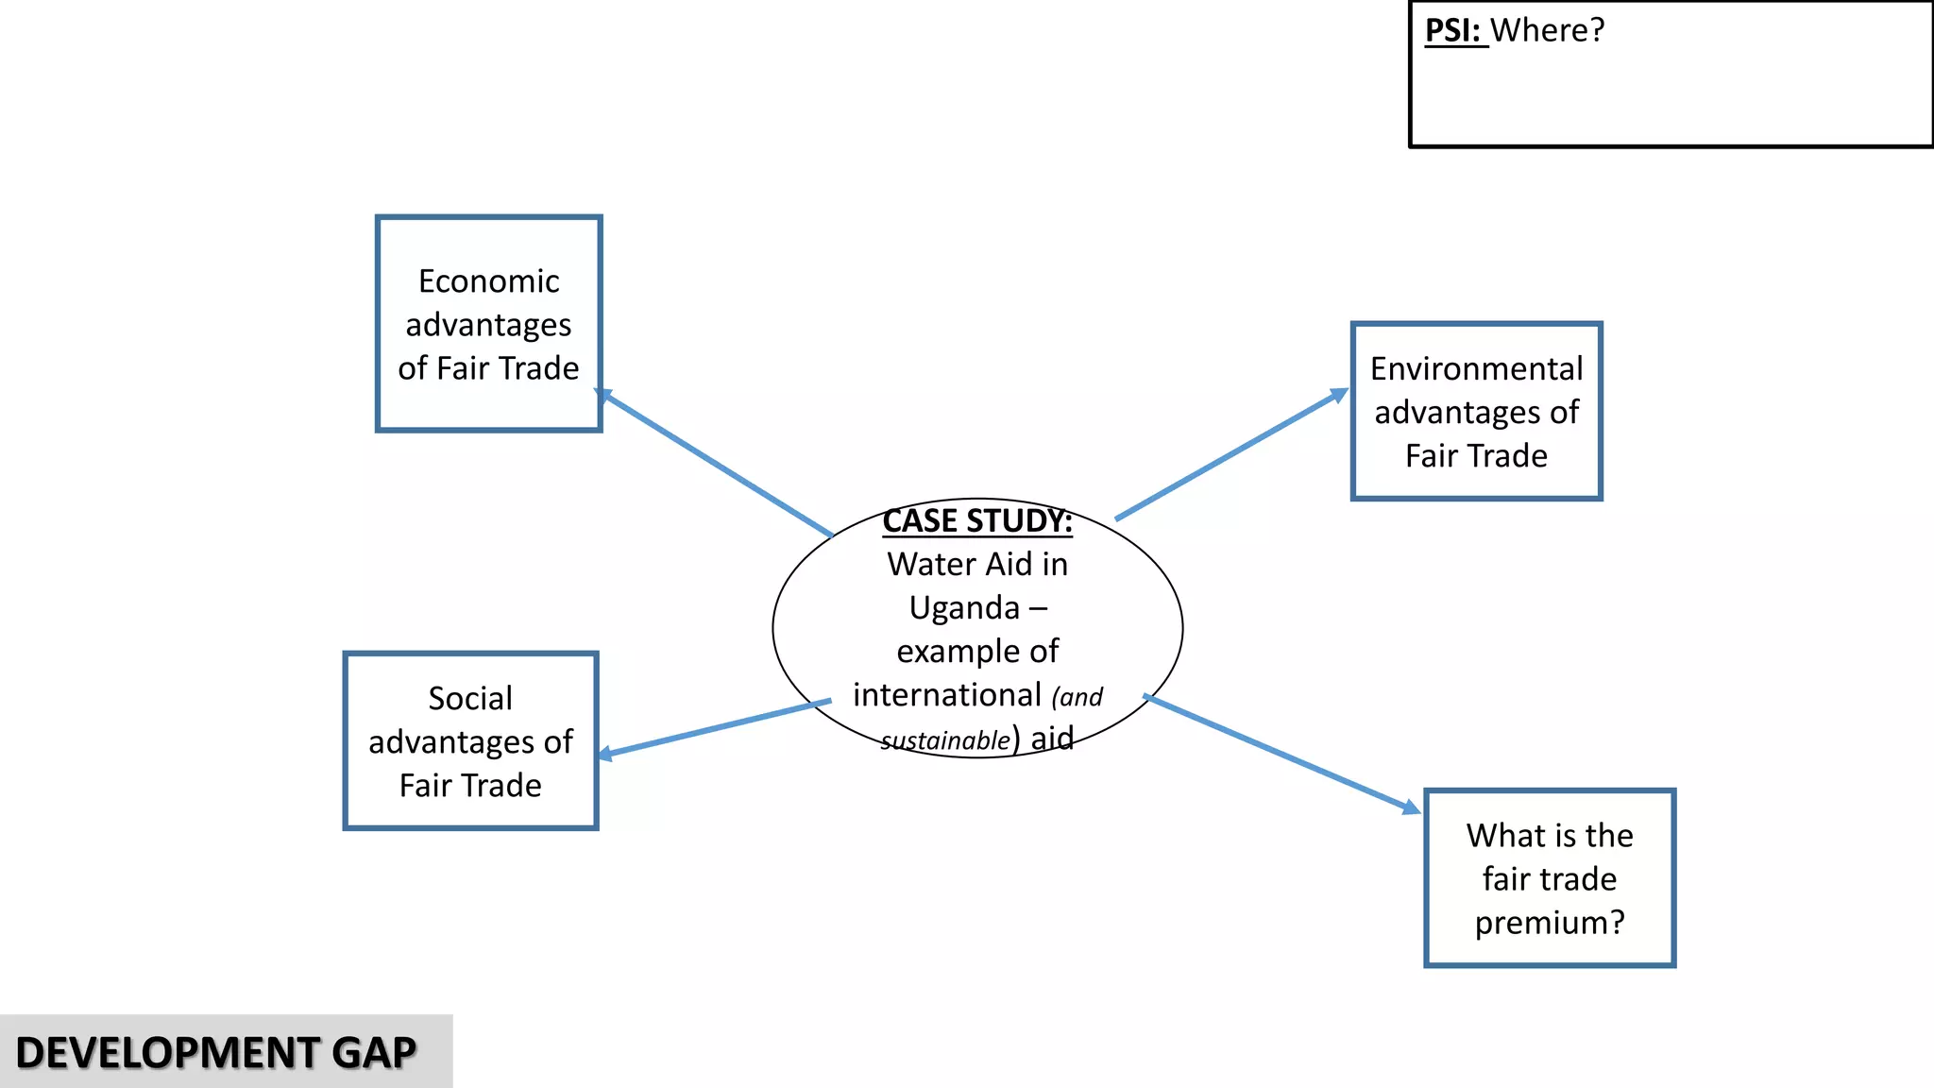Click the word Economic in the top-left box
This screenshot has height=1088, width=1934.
(x=488, y=281)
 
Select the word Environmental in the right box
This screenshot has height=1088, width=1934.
(x=1476, y=369)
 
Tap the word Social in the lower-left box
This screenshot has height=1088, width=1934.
(x=470, y=699)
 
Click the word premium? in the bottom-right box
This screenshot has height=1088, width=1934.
(x=1550, y=923)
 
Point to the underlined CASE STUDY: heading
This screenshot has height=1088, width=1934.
(x=977, y=521)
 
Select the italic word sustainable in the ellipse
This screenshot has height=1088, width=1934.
(x=945, y=741)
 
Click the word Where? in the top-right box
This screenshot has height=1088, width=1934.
(x=1548, y=30)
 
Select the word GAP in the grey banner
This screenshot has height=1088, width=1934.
(x=374, y=1053)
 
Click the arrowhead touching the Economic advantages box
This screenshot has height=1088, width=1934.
(x=603, y=395)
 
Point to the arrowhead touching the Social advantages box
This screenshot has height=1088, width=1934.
(x=605, y=754)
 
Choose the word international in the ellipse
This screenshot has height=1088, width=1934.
(x=947, y=696)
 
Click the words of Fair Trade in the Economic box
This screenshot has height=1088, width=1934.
(x=488, y=368)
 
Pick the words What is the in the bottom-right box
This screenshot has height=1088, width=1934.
(x=1550, y=836)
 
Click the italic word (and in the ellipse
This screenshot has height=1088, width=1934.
(x=1077, y=698)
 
